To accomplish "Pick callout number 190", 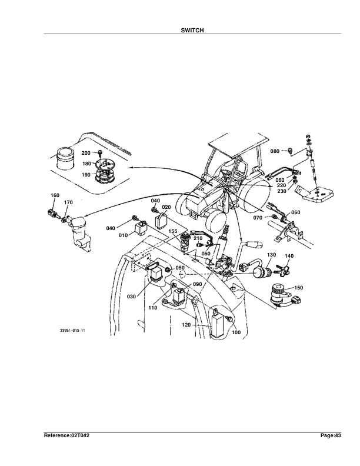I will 85,175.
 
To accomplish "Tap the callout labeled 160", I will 55,195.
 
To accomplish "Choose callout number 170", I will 68,203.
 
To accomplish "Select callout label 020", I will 166,208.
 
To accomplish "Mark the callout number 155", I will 173,232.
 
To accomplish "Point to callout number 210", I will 198,239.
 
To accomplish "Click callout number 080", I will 275,151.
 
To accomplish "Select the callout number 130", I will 271,255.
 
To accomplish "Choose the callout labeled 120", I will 186,324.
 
